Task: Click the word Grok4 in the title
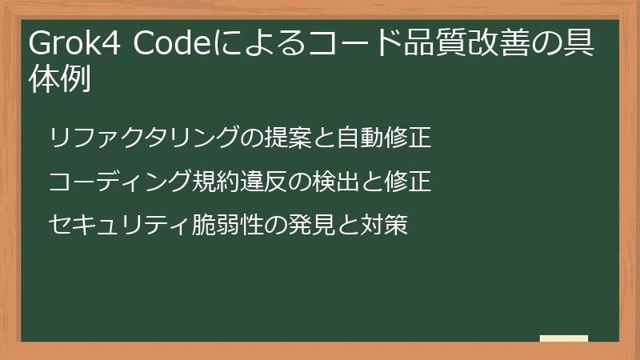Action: (73, 46)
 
